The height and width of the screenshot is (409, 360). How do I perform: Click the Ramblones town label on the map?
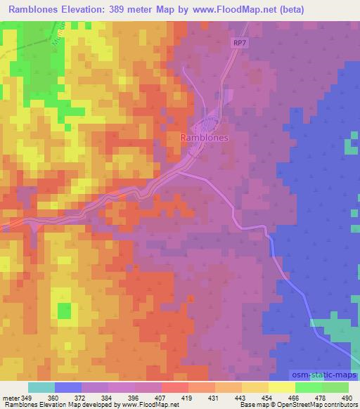click(205, 138)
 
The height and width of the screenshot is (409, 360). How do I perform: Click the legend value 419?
click(188, 397)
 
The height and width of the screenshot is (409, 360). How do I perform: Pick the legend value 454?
click(266, 397)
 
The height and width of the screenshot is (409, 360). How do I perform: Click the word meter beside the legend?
click(12, 397)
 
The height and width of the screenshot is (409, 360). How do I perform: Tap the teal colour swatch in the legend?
click(41, 387)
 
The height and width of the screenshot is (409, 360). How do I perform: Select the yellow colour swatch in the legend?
click(281, 387)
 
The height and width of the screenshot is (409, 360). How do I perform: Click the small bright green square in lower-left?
click(64, 310)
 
